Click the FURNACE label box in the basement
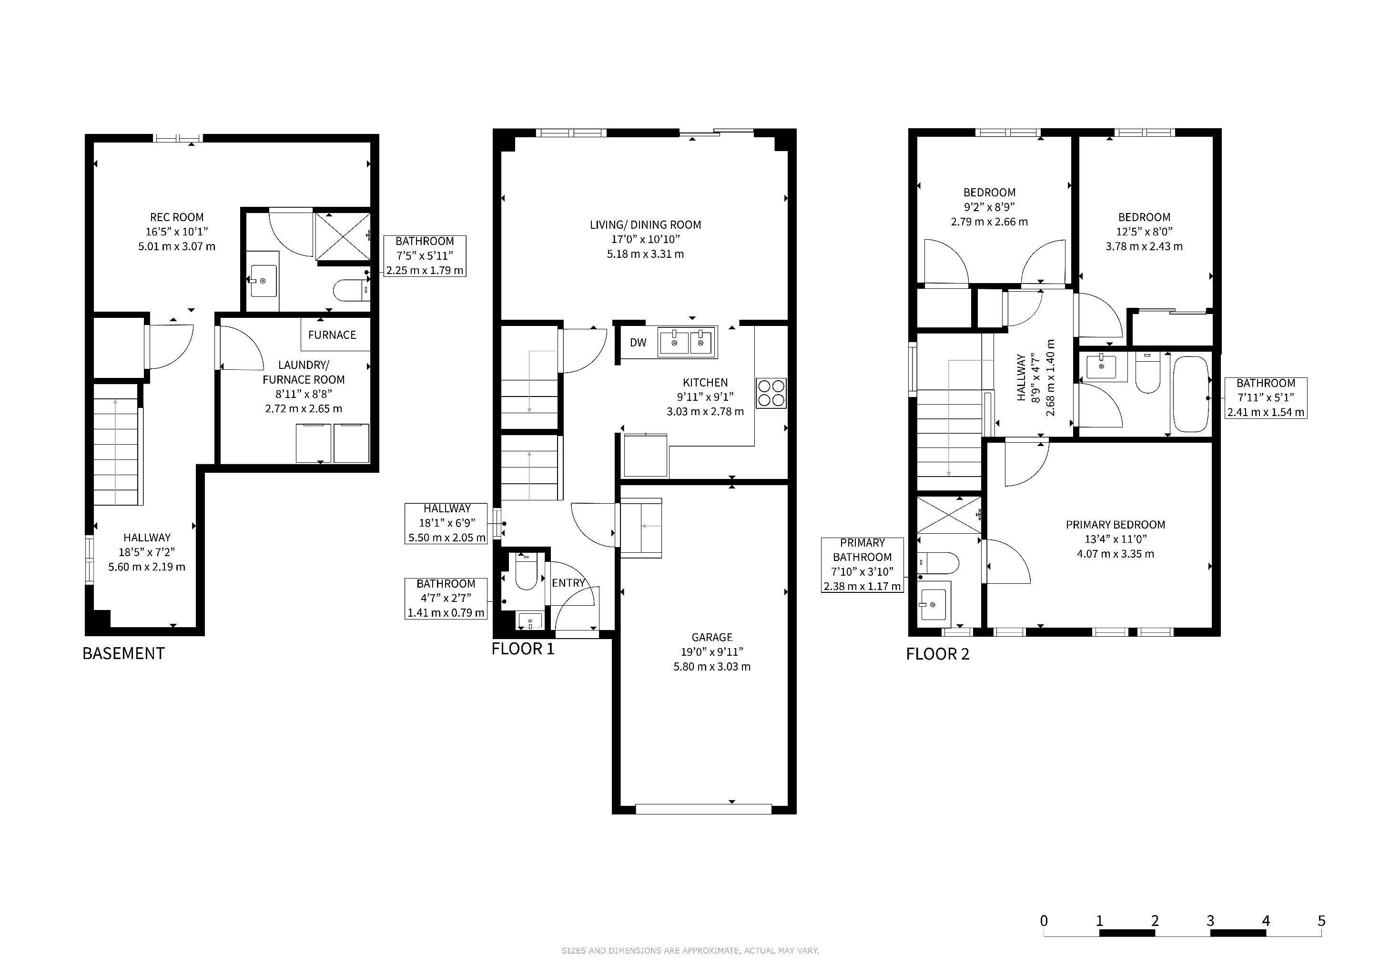[335, 335]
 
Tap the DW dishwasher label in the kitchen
[639, 343]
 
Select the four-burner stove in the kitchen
[771, 393]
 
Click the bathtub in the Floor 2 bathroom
[1191, 394]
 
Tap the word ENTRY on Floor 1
[568, 583]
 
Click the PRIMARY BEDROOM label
[1116, 525]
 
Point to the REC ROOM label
[177, 217]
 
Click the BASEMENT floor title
[123, 653]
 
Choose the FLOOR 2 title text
[938, 654]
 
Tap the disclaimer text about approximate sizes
[690, 951]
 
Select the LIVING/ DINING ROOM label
[646, 225]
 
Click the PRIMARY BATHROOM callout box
[862, 565]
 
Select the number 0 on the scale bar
[1044, 921]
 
